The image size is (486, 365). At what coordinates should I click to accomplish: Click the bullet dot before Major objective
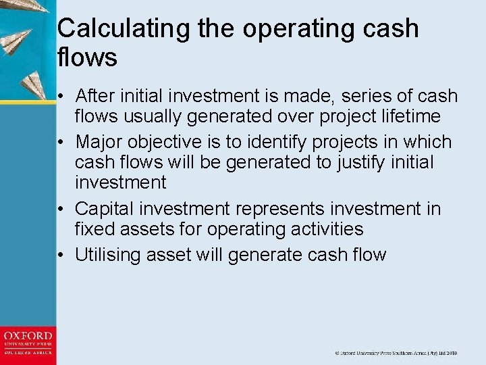(61, 143)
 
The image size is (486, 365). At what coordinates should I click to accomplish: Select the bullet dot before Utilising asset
(61, 255)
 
